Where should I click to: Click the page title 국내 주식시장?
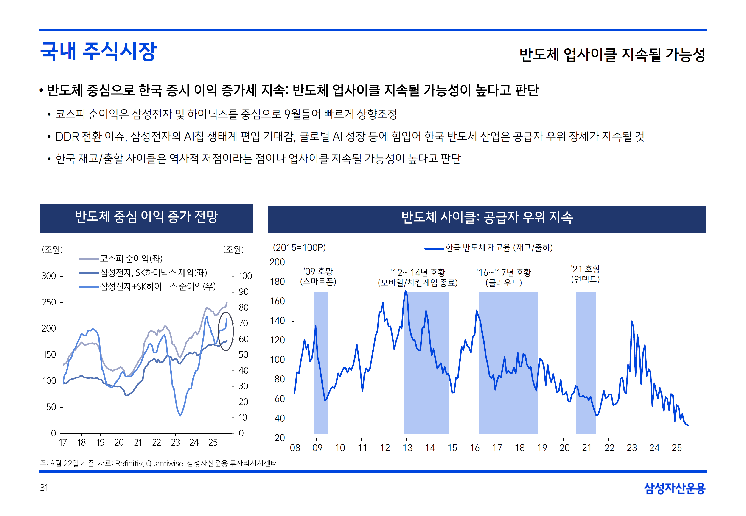click(x=98, y=51)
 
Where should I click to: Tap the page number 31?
click(x=44, y=488)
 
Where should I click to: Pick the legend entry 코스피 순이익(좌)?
click(x=131, y=259)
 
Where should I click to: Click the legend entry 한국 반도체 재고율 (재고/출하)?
click(x=499, y=248)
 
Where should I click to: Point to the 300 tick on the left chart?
click(x=49, y=276)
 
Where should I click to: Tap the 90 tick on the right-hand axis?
click(x=244, y=292)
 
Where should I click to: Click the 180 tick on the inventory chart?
click(x=277, y=282)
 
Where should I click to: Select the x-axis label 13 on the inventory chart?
click(x=407, y=448)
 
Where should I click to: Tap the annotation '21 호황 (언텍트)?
click(x=585, y=274)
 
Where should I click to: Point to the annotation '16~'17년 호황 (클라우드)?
click(x=503, y=277)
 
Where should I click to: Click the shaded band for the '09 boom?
click(x=321, y=362)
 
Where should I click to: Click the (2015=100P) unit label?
click(x=299, y=248)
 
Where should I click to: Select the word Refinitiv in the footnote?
click(x=129, y=464)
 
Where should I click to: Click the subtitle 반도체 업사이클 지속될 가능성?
click(x=612, y=54)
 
